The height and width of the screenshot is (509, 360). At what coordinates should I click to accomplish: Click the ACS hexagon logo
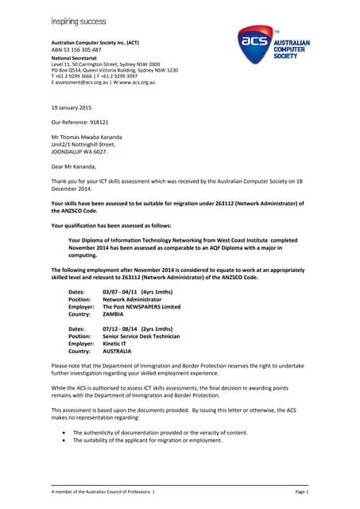click(255, 43)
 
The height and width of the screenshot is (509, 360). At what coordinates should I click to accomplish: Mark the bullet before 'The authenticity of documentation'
click(63, 432)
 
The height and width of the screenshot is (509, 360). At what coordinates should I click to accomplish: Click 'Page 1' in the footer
click(301, 493)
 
